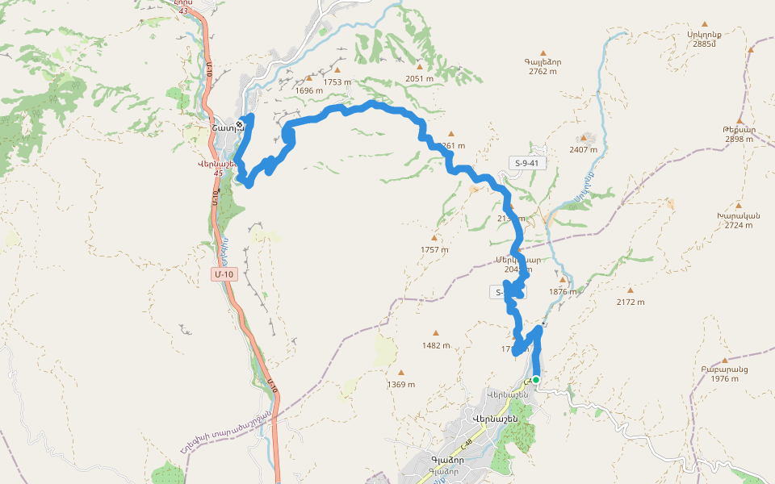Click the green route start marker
pos(535,379)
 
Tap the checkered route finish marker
pos(240,123)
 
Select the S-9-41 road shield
pos(526,164)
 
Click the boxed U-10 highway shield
pos(224,274)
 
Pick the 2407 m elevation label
pos(583,149)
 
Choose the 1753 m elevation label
pos(337,81)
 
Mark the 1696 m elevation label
pos(308,90)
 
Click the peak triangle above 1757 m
pos(434,238)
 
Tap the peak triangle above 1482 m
pos(436,333)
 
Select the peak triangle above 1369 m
pos(401,373)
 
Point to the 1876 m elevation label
pos(563,292)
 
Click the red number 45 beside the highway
pos(218,173)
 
